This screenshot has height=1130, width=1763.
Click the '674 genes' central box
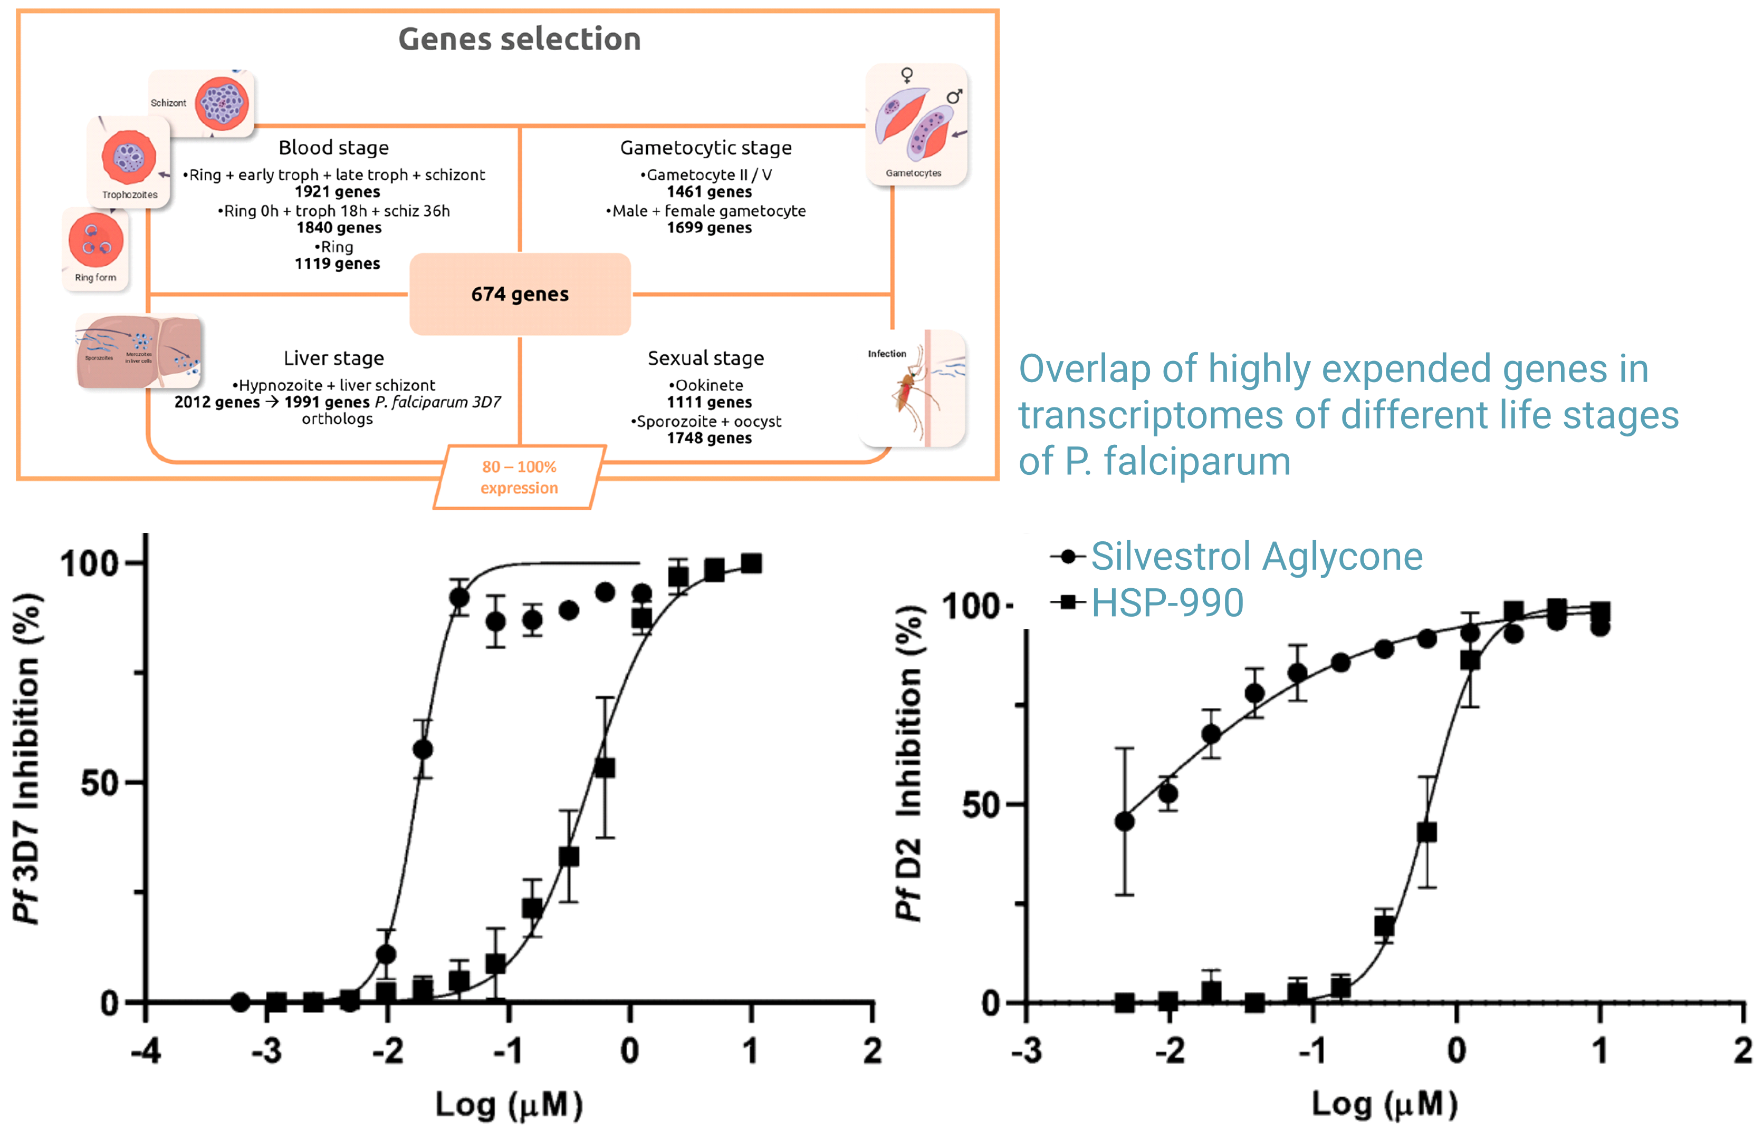pos(519,294)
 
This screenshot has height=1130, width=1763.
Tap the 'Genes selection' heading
pos(519,39)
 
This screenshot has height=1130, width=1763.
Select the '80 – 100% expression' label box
pos(519,477)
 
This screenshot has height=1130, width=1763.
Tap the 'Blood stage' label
pos(333,148)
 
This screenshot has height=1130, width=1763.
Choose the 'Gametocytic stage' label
pos(706,148)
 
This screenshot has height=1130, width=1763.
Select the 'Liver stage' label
pos(333,358)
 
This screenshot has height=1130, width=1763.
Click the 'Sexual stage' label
pos(706,358)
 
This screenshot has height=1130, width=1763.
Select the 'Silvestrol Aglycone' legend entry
pos(1256,556)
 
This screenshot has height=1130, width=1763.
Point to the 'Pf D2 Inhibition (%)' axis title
pos(908,763)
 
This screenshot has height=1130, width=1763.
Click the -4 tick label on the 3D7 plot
pos(146,1051)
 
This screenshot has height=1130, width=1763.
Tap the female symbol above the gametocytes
pos(907,75)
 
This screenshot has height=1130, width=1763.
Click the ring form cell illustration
pos(95,241)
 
